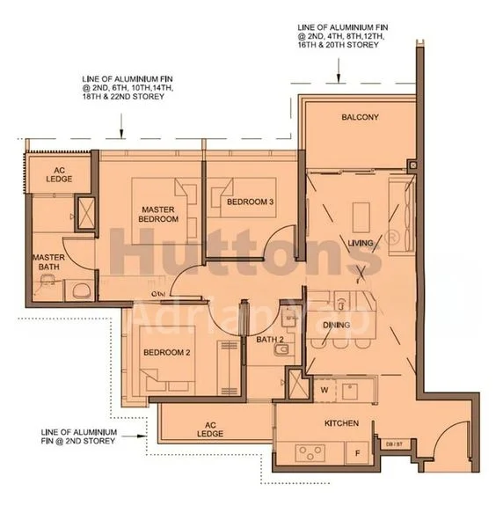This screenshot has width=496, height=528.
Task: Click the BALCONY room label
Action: click(360, 117)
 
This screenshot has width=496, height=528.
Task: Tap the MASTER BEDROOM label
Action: click(159, 214)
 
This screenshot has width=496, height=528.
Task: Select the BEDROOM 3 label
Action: click(251, 202)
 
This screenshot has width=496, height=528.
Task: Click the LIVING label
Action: click(361, 243)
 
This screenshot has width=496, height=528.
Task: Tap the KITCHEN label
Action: click(341, 424)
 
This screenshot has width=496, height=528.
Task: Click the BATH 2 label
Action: click(270, 339)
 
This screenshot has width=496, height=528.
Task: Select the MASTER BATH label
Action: click(50, 264)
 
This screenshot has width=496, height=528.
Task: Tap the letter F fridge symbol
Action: click(356, 454)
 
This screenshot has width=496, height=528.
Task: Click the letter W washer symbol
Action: click(325, 387)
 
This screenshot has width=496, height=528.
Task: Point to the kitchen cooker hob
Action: click(310, 453)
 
